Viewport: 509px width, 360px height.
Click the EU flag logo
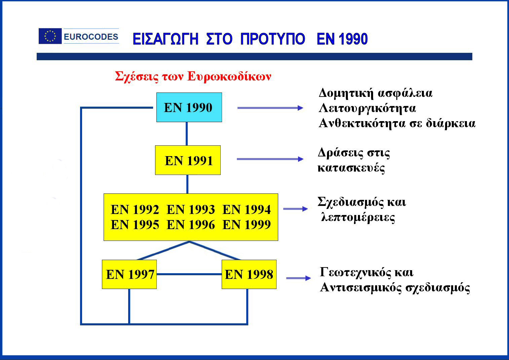point(50,36)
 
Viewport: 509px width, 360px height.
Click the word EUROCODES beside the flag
point(91,37)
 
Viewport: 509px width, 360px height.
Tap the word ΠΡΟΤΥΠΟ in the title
point(273,39)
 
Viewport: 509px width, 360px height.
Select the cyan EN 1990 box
point(189,107)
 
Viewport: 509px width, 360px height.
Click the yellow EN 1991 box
point(188,160)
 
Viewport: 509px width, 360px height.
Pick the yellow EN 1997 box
point(129,274)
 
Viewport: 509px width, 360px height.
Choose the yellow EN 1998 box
point(249,274)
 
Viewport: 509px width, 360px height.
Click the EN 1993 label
point(191,209)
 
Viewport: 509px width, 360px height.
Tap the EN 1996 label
point(191,224)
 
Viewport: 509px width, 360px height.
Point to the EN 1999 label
point(247,224)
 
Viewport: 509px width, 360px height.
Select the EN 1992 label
point(135,209)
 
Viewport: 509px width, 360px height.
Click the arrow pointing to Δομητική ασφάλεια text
point(270,108)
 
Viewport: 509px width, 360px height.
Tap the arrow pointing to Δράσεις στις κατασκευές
point(270,159)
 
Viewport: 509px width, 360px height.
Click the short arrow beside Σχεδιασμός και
point(295,209)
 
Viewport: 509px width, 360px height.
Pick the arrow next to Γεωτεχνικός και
point(298,278)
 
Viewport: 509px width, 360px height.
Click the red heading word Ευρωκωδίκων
point(229,76)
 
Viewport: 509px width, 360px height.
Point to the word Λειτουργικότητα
point(367,109)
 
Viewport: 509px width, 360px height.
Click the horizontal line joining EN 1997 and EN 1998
point(189,274)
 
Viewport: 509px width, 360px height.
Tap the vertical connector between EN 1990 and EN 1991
point(187,134)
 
